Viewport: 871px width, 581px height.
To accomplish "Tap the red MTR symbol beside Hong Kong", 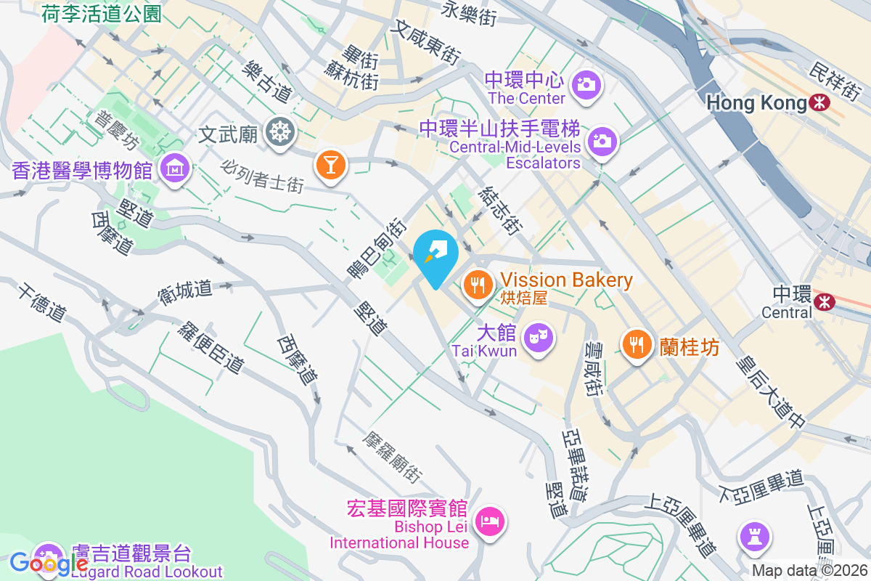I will click(820, 103).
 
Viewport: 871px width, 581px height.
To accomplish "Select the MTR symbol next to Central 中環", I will click(825, 299).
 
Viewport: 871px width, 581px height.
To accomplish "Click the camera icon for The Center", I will click(585, 84).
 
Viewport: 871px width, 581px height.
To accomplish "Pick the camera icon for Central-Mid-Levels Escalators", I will click(602, 141).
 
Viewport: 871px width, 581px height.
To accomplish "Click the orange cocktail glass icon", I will click(330, 164).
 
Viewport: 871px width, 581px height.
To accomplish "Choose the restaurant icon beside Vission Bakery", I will click(477, 284).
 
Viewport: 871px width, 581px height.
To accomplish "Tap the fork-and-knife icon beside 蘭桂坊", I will click(637, 345).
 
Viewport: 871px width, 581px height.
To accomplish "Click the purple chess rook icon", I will click(754, 537).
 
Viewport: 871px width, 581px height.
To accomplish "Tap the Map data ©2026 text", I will click(809, 570).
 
